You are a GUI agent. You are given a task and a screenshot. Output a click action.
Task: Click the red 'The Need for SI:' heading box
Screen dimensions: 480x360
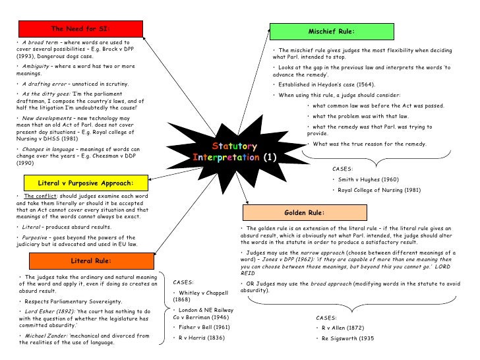tap(80, 29)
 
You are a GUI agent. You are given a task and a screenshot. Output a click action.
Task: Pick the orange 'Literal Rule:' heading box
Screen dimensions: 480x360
tap(91, 260)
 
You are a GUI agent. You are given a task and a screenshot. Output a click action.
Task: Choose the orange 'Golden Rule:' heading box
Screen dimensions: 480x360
tap(303, 213)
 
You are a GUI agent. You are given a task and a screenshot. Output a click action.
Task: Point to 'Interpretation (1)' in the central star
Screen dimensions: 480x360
tap(235, 158)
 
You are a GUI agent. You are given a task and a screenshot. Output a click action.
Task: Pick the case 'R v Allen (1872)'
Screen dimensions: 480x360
tap(344, 327)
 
